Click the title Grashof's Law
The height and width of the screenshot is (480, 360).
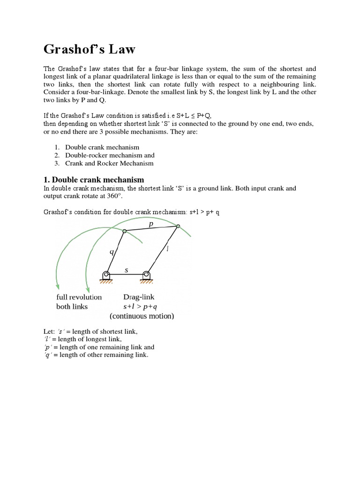[x=90, y=49]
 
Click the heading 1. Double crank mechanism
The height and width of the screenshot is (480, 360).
[x=93, y=180]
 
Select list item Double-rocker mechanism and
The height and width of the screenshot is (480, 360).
[x=110, y=155]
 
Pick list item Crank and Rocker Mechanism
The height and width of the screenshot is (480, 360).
[x=109, y=163]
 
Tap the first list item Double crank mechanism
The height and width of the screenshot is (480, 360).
[x=102, y=147]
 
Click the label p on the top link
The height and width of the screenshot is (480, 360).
[x=150, y=224]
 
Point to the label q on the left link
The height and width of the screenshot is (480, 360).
[x=111, y=251]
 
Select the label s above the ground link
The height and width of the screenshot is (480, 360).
[x=126, y=270]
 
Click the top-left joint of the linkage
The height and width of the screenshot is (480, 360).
[x=124, y=231]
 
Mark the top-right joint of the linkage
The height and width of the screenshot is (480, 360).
[x=178, y=226]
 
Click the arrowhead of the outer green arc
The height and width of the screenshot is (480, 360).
[x=57, y=285]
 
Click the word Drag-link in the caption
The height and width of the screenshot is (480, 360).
[x=139, y=297]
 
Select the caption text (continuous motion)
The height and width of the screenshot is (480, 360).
[x=142, y=316]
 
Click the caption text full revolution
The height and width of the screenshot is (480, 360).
[x=79, y=297]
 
